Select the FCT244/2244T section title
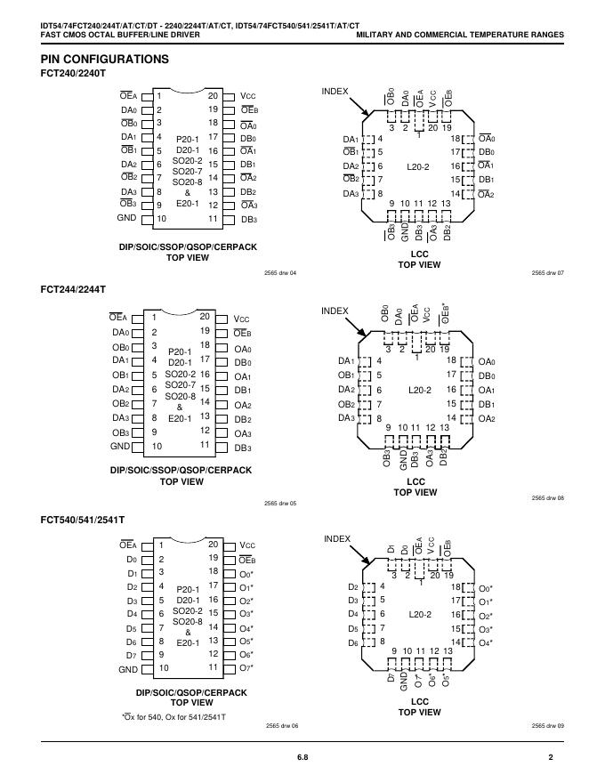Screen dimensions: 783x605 pyautogui.click(x=73, y=290)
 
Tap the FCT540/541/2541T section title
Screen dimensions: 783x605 pyautogui.click(x=82, y=519)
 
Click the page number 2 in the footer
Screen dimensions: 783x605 pyautogui.click(x=551, y=757)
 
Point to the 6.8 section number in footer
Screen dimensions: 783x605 pyautogui.click(x=302, y=757)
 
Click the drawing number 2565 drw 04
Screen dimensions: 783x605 pyautogui.click(x=280, y=272)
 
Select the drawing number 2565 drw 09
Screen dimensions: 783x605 pyautogui.click(x=548, y=726)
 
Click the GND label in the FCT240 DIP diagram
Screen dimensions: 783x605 pyautogui.click(x=126, y=218)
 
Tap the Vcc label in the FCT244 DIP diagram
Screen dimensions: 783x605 pyautogui.click(x=243, y=319)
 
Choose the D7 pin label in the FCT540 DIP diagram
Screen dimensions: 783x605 pyautogui.click(x=131, y=655)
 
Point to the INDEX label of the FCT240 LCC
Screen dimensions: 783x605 pyautogui.click(x=335, y=92)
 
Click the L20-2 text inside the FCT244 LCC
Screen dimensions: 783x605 pyautogui.click(x=420, y=391)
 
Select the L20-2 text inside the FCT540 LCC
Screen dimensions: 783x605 pyautogui.click(x=420, y=614)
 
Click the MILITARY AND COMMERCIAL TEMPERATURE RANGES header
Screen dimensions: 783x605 pyautogui.click(x=459, y=35)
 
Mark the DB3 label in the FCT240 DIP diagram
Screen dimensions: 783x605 pyautogui.click(x=248, y=219)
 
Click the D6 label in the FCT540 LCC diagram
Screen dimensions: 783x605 pyautogui.click(x=353, y=642)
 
